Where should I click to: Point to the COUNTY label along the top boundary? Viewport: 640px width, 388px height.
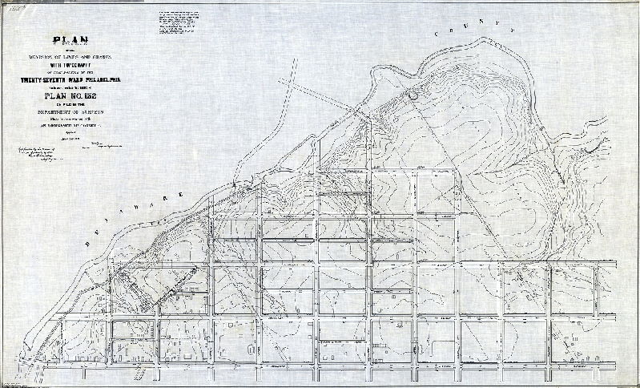point(473,29)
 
